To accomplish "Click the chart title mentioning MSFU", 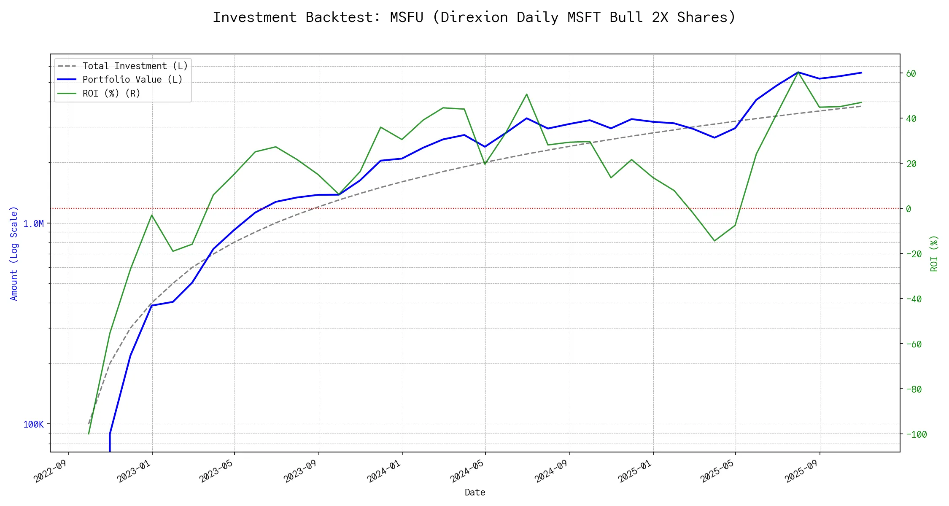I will click(474, 17).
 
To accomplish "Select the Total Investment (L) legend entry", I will click(135, 66).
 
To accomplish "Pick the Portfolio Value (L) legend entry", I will click(132, 80).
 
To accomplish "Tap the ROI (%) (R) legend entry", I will click(111, 93).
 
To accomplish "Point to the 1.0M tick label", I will click(33, 224).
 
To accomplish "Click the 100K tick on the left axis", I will click(33, 425).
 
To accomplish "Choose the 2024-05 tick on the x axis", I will click(468, 471).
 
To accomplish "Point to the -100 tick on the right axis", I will click(916, 435).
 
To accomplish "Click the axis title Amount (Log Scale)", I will click(14, 253).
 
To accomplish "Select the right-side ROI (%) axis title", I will click(934, 253).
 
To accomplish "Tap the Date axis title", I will click(475, 493).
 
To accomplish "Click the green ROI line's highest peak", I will click(798, 72).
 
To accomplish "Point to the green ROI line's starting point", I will click(89, 433).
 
